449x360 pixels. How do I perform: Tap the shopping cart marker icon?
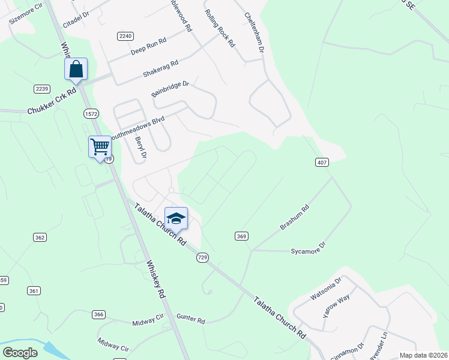(x=99, y=146)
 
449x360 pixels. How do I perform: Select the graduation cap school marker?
(x=176, y=218)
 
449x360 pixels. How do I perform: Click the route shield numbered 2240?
(x=125, y=36)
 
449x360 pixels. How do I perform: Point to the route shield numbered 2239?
(x=41, y=89)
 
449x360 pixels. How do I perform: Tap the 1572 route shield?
(x=91, y=113)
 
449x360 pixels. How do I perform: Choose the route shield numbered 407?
(x=321, y=162)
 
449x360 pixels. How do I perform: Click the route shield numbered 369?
(x=241, y=236)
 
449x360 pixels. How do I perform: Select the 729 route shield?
(x=202, y=257)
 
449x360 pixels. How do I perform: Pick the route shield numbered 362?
(x=40, y=238)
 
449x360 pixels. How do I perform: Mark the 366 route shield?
(x=99, y=314)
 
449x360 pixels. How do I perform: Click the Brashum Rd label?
(x=294, y=217)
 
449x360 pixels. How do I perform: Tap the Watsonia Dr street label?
(x=325, y=288)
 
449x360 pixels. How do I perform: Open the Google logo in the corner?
(x=20, y=353)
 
